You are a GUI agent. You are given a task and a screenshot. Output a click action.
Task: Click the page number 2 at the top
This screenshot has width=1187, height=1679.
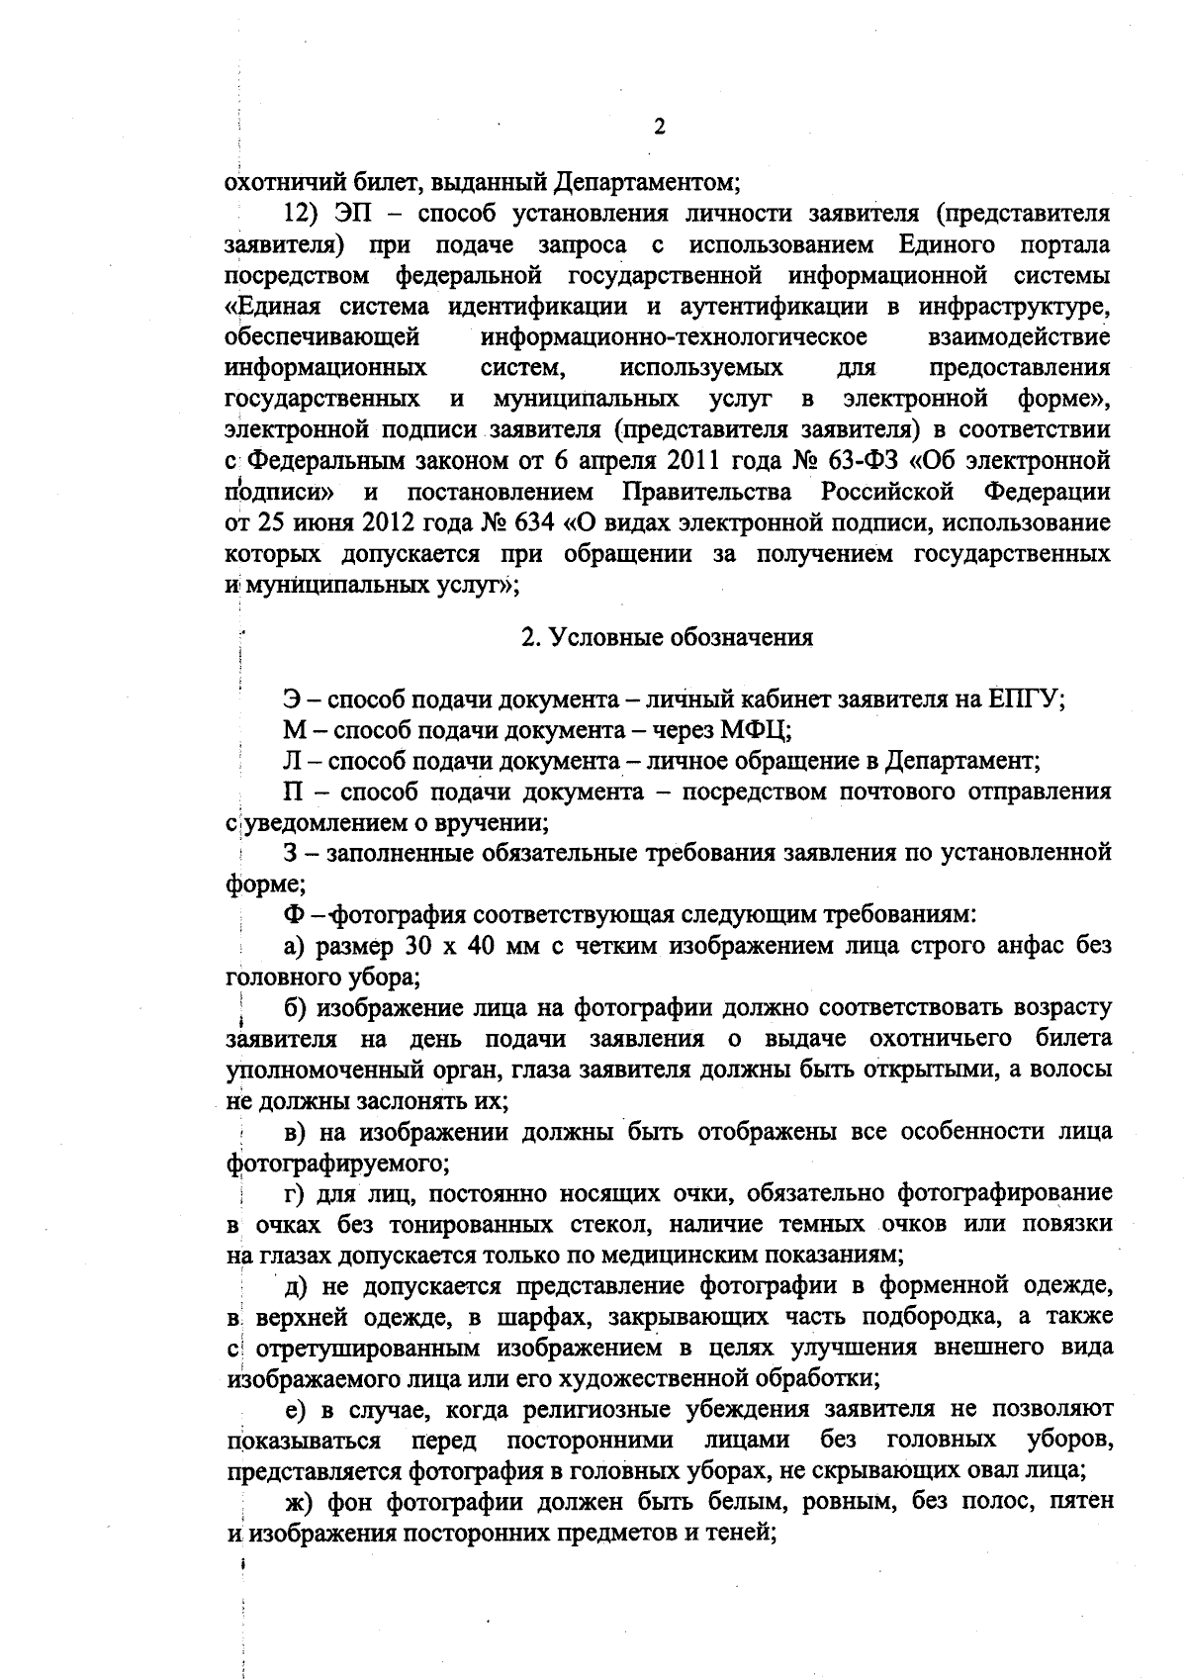tap(659, 127)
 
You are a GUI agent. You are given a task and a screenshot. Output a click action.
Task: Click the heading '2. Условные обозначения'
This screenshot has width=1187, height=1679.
tap(668, 638)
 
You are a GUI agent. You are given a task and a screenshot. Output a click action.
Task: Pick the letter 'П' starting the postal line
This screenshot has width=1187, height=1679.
tap(293, 793)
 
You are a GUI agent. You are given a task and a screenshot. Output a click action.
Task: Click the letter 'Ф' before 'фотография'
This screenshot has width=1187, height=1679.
tap(293, 915)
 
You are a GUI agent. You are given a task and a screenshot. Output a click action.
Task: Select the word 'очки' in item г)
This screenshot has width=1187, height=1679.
tap(692, 1194)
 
